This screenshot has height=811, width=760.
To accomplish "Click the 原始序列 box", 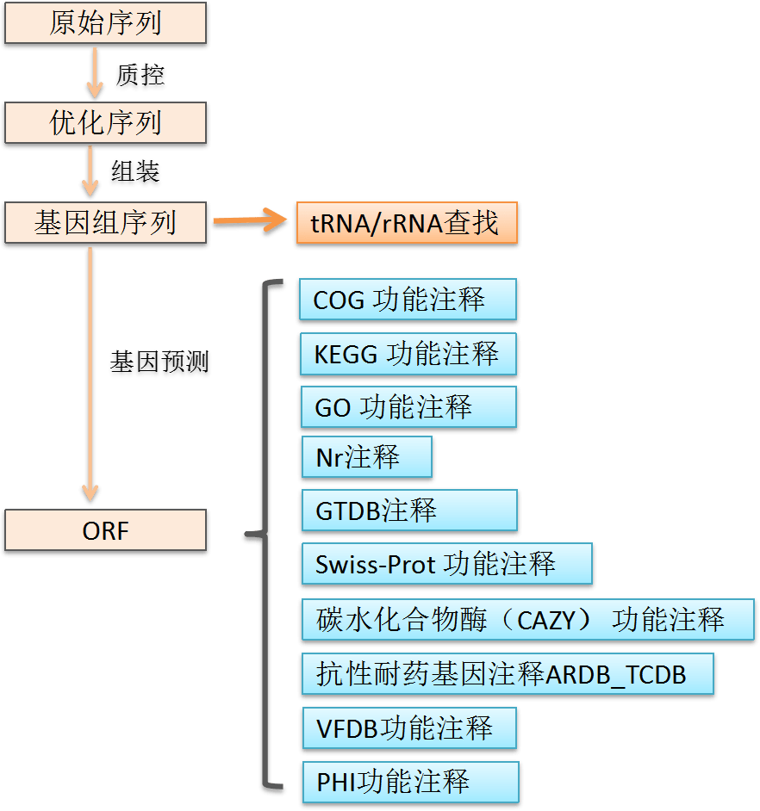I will click(x=105, y=23).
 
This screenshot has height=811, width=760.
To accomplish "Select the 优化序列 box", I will click(x=105, y=123).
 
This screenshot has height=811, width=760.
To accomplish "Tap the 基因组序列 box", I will click(x=105, y=224).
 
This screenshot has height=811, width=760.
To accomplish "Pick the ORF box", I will click(x=105, y=530).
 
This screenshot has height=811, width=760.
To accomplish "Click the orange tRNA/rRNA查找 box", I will click(x=406, y=224).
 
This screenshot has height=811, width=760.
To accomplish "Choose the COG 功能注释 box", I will click(x=407, y=300).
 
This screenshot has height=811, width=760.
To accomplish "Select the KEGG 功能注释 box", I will click(x=407, y=354).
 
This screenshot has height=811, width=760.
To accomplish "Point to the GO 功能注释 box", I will click(x=407, y=407).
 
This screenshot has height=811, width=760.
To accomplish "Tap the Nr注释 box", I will click(x=365, y=457).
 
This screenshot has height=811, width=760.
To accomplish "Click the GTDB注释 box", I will click(x=408, y=511).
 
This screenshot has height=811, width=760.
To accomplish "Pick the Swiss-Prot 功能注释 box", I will click(x=446, y=565).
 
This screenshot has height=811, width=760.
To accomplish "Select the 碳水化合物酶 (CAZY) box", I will click(x=527, y=620).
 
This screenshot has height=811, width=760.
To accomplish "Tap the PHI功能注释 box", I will click(x=409, y=783).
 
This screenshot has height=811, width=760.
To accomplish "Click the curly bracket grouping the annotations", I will click(x=264, y=536).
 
